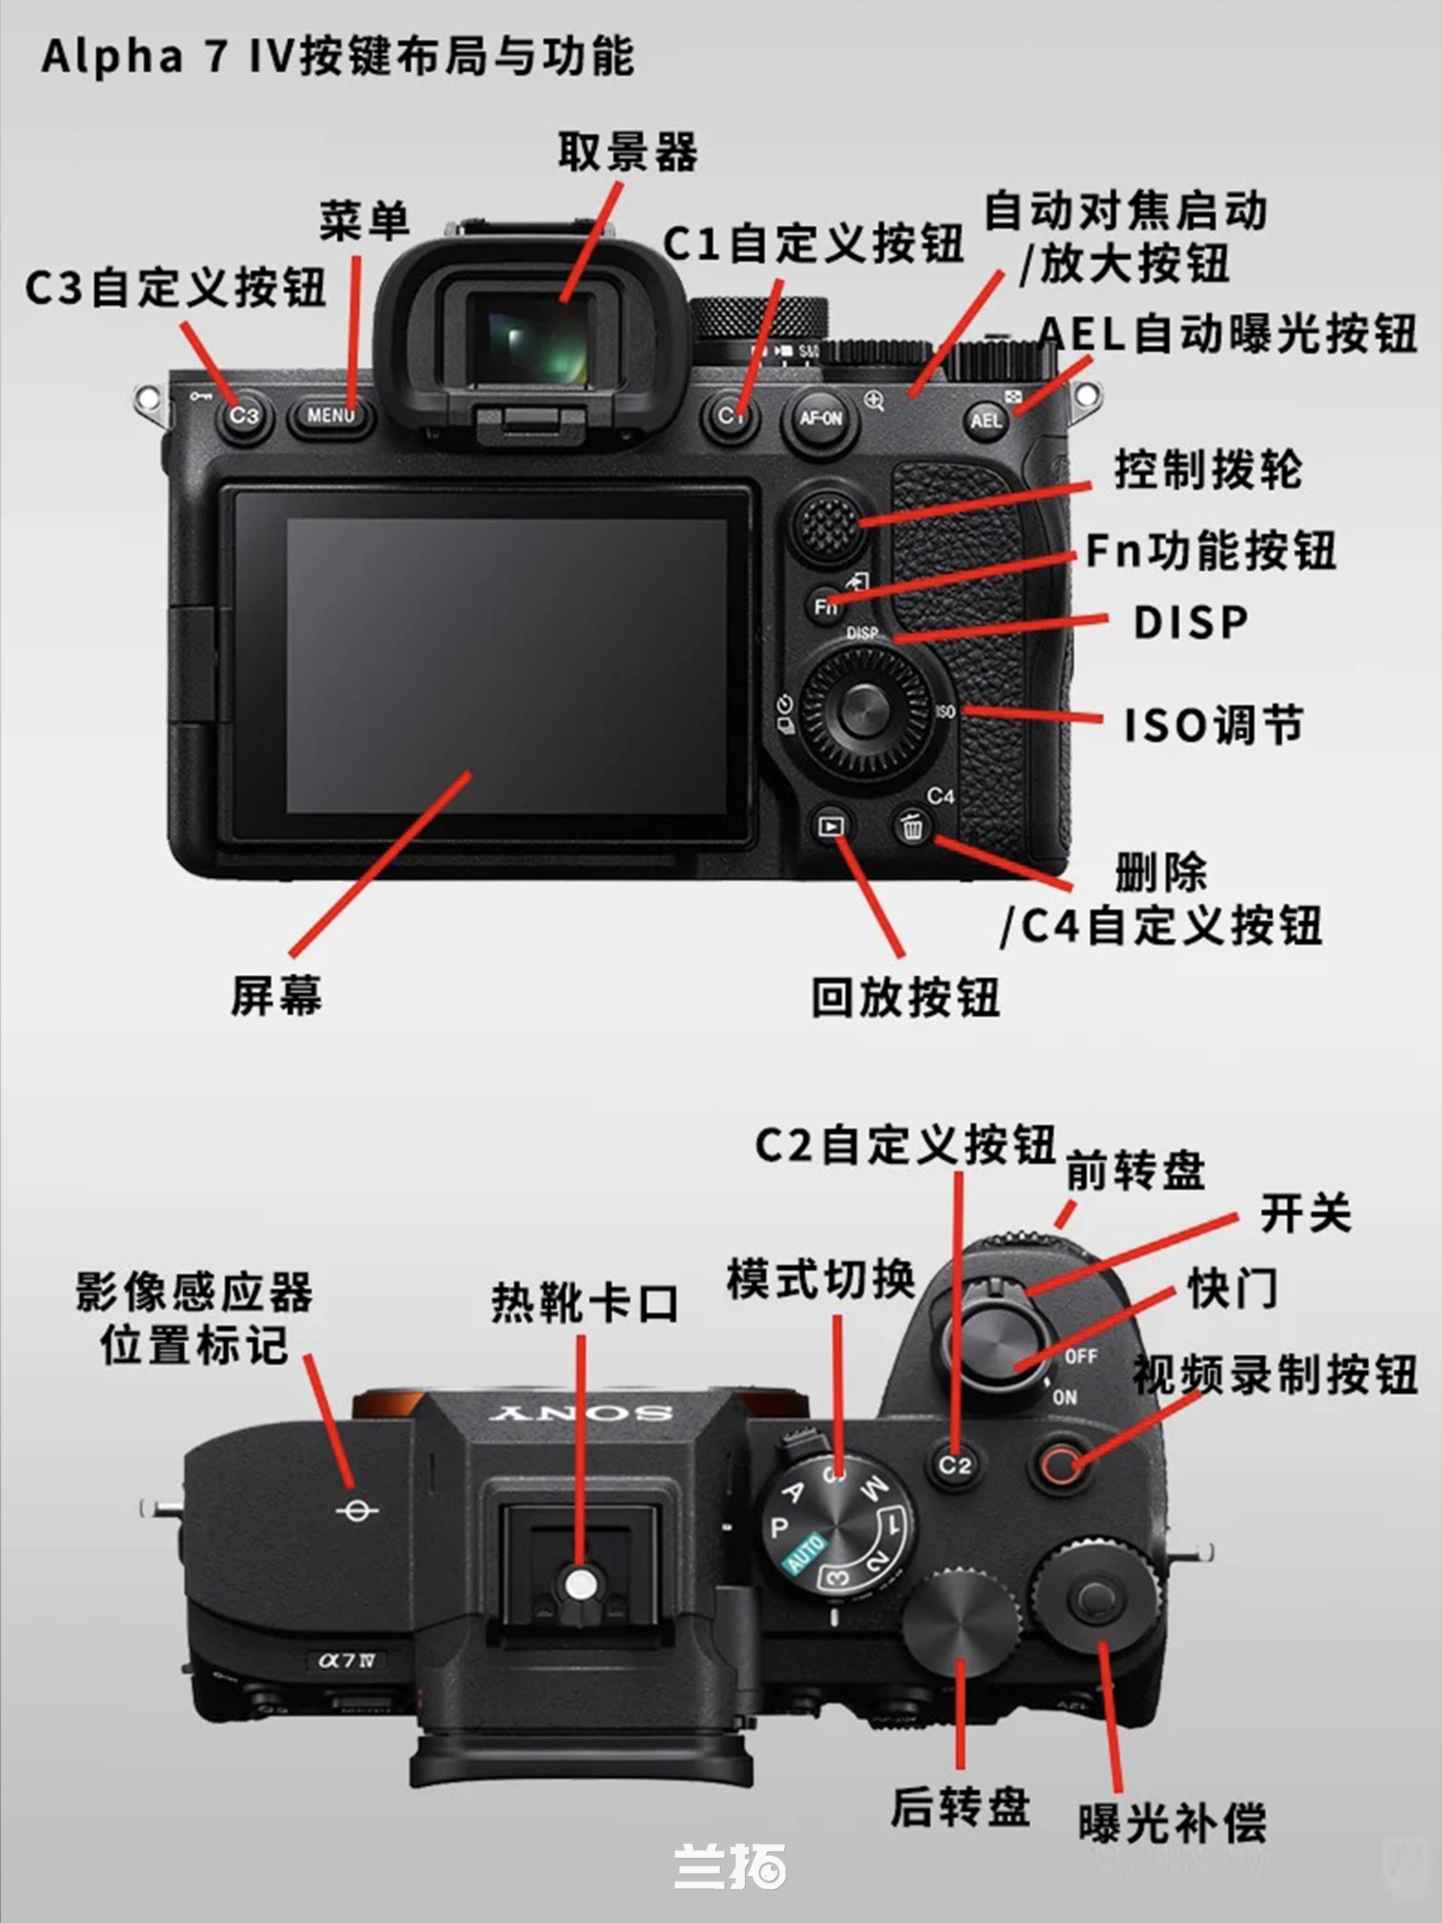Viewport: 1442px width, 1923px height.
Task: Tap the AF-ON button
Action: coord(820,419)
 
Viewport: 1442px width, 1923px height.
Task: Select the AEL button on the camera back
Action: coord(986,421)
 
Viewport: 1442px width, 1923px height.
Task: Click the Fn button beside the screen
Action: coord(825,605)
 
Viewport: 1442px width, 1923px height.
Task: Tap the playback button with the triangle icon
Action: coord(831,826)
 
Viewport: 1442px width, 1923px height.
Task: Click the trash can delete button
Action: coord(911,826)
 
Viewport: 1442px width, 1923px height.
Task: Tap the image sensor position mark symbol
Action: coord(357,1511)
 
